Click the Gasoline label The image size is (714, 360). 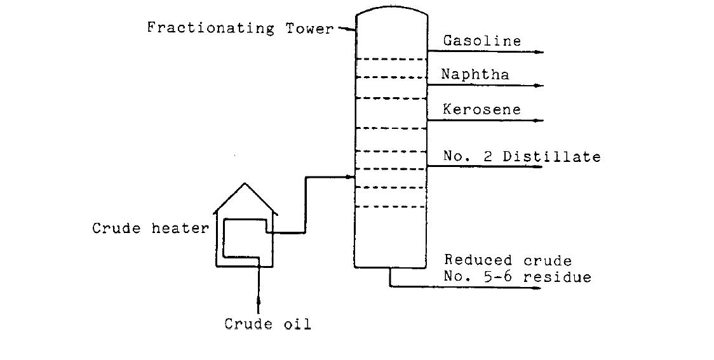point(482,41)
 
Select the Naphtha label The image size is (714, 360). point(476,75)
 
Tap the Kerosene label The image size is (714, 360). point(482,110)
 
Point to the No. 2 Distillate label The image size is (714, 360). point(522,157)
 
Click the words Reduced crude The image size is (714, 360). point(508,261)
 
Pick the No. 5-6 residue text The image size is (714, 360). point(517,277)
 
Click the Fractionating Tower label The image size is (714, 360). point(240,29)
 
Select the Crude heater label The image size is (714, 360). point(150,229)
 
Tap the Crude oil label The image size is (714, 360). point(267,324)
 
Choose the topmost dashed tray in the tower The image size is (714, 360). point(391,59)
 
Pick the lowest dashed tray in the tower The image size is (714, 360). point(391,206)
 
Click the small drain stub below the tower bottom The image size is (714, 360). point(389,277)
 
